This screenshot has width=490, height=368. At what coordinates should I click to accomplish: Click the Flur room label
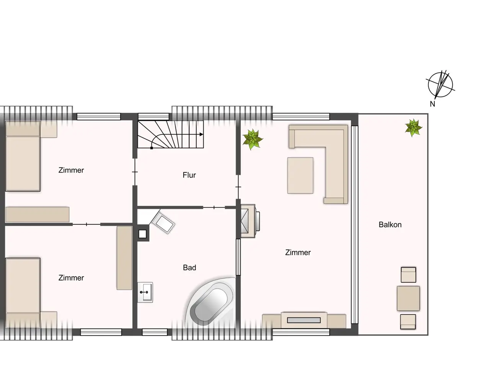[189, 175]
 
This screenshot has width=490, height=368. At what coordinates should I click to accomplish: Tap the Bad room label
[189, 268]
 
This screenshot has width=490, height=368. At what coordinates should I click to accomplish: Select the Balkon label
[390, 225]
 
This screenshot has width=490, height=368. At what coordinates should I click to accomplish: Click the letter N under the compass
[433, 104]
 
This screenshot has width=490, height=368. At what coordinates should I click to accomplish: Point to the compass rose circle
[428, 85]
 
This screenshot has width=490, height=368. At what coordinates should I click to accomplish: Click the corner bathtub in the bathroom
[211, 302]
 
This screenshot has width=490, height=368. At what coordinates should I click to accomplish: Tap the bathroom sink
[145, 292]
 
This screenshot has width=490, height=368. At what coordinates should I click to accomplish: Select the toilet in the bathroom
[163, 222]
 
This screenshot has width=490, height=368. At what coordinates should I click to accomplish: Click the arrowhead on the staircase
[201, 135]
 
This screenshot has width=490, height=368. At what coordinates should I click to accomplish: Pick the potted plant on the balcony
[413, 128]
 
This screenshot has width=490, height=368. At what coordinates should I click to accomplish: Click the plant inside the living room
[253, 139]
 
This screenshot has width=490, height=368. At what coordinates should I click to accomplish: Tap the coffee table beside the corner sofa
[300, 176]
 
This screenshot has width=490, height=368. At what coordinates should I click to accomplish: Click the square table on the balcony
[408, 298]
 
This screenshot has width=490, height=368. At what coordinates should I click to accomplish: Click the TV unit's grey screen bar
[304, 320]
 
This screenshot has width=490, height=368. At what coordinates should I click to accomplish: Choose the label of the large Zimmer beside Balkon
[298, 253]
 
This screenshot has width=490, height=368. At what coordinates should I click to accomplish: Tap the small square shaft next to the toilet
[142, 234]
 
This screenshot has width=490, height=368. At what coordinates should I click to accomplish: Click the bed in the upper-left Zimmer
[23, 156]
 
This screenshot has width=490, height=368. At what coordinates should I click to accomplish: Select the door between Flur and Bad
[214, 207]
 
